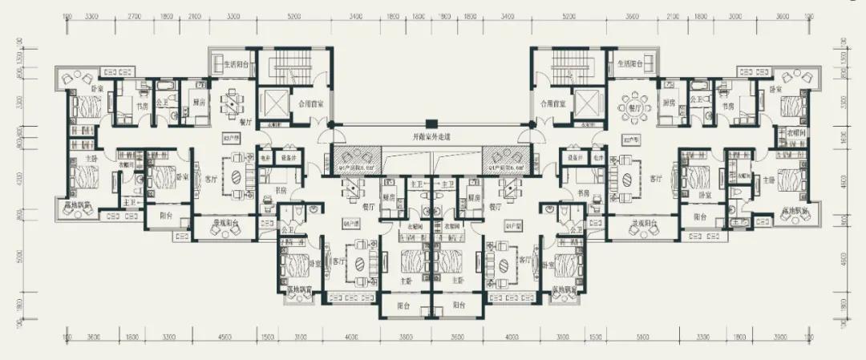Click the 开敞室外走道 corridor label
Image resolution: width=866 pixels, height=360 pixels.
(433, 138)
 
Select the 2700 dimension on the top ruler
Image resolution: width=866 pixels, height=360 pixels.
(134, 16)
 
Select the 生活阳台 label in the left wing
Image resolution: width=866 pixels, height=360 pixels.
(235, 63)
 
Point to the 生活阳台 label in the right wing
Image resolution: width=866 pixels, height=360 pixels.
(631, 63)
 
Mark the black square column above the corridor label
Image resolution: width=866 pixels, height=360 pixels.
(433, 123)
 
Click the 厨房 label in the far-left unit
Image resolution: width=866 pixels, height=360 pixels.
(200, 103)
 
